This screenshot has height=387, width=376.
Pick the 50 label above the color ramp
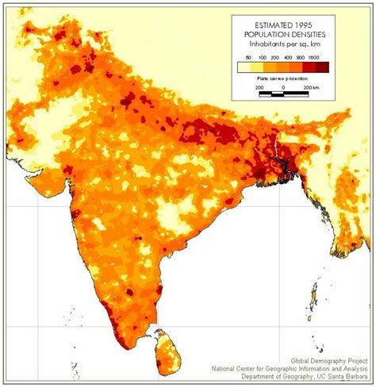[x=248, y=58]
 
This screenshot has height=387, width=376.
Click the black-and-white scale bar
[x=283, y=94]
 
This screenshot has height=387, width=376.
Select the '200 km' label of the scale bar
[x=311, y=87]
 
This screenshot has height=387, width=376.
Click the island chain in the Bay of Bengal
[x=315, y=297]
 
